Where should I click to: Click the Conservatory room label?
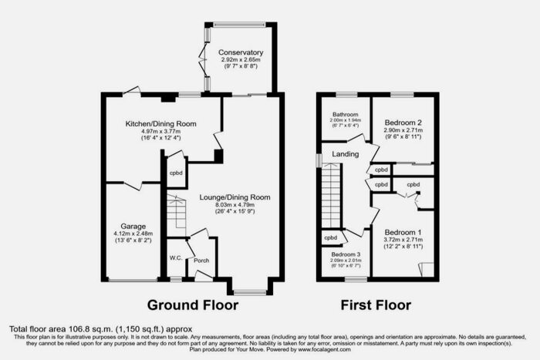[x=236, y=52]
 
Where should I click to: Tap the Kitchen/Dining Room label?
[x=161, y=123]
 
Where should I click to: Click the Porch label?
[x=201, y=261]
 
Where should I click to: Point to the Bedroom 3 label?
[x=346, y=254]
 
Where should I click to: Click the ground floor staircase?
[x=177, y=213]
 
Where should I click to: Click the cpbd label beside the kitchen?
[x=176, y=173]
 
